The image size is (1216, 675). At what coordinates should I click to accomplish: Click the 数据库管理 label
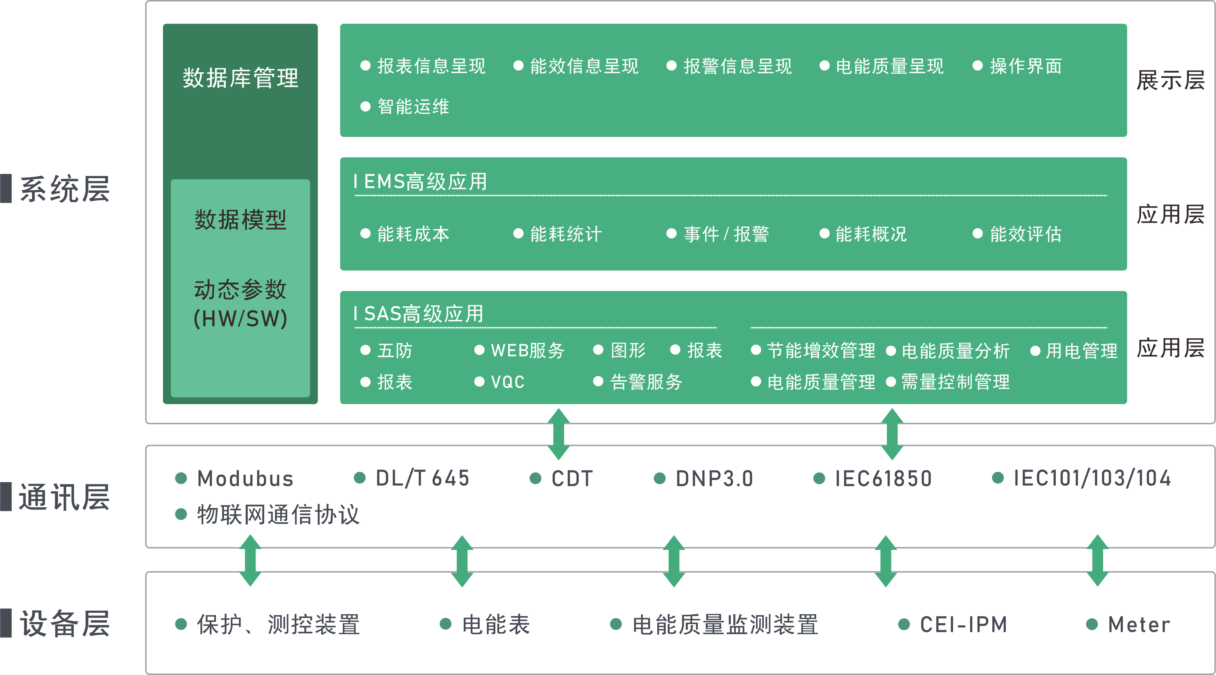click(240, 78)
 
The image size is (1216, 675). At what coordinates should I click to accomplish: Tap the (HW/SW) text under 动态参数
click(240, 319)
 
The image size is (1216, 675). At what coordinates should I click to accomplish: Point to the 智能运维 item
click(412, 107)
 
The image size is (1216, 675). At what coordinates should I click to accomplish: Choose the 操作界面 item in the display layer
click(1025, 66)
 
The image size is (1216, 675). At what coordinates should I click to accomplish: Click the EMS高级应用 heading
click(425, 182)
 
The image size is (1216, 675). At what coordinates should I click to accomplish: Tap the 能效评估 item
click(1025, 234)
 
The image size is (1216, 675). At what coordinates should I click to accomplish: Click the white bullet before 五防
click(365, 350)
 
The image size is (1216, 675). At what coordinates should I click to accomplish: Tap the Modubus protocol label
click(245, 479)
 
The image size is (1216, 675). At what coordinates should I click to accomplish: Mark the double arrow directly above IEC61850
click(892, 434)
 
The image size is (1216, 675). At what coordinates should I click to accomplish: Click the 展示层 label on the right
click(1170, 80)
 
